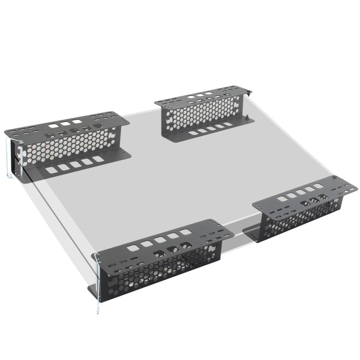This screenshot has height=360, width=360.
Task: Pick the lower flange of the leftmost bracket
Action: tap(77, 165)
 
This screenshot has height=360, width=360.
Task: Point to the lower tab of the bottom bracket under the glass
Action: tap(94, 292)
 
